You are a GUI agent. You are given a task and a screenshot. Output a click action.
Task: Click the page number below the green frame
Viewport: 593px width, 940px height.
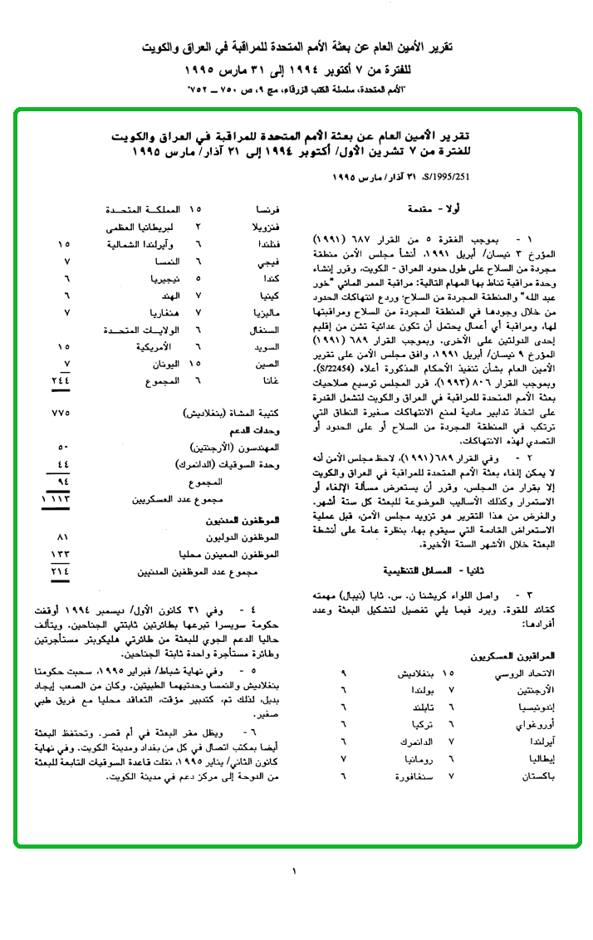294,871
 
